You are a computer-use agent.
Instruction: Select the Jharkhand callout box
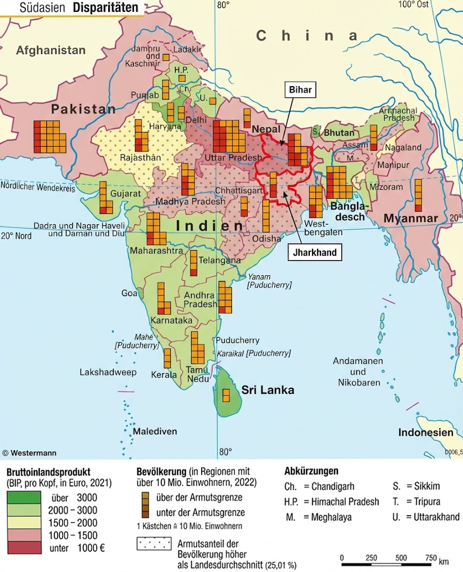click(x=314, y=253)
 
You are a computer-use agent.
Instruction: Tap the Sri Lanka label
click(x=268, y=390)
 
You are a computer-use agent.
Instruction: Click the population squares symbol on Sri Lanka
click(x=226, y=395)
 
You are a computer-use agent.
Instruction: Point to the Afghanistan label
click(x=51, y=50)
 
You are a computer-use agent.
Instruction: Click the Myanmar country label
click(x=410, y=218)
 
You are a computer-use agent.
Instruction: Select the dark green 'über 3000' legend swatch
click(x=23, y=498)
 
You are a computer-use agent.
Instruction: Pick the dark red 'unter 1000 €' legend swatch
click(x=23, y=547)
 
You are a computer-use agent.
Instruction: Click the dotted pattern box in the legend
click(x=154, y=544)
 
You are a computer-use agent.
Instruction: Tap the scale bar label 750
click(x=430, y=558)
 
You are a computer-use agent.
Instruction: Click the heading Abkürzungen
click(x=311, y=471)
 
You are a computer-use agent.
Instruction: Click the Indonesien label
click(x=425, y=433)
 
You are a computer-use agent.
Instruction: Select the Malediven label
click(x=155, y=432)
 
